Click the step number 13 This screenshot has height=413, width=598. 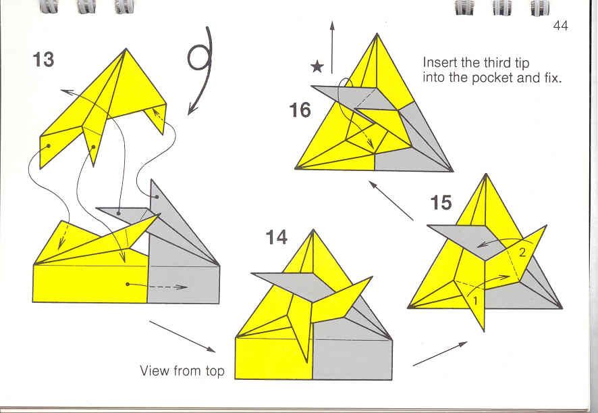[43, 59]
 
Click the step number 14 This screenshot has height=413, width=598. [277, 237]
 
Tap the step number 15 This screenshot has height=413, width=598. [441, 203]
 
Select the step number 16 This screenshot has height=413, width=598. [300, 110]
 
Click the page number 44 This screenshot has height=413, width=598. [561, 26]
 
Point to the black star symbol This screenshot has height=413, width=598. [317, 67]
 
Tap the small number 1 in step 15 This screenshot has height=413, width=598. [475, 301]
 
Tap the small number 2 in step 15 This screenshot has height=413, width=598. [522, 252]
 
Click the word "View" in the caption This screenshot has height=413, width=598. [155, 370]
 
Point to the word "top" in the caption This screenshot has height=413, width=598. [215, 371]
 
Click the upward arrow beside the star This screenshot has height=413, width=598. [332, 47]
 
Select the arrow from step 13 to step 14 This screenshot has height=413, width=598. [182, 336]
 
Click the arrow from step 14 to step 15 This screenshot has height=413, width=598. [440, 354]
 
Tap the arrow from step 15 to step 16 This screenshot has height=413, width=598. [391, 201]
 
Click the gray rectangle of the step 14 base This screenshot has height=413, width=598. [352, 355]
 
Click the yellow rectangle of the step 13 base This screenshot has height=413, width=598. [90, 284]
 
